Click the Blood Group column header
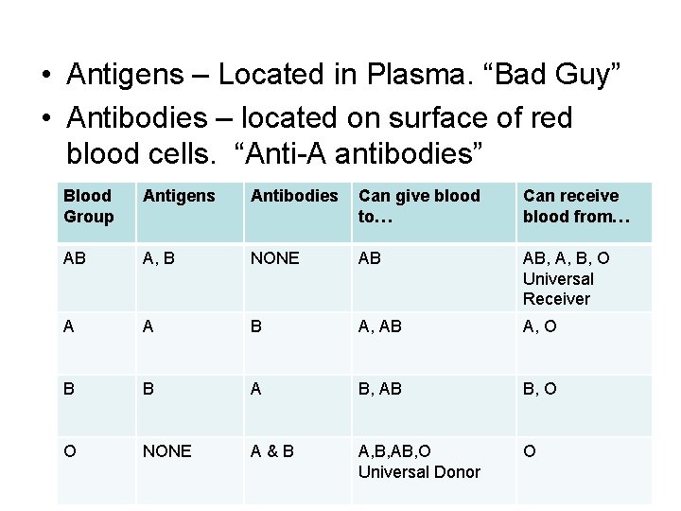88,205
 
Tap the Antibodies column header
293,196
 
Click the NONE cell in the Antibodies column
275,258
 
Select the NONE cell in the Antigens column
166,451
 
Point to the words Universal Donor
419,471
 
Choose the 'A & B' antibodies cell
271,451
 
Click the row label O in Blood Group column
69,451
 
